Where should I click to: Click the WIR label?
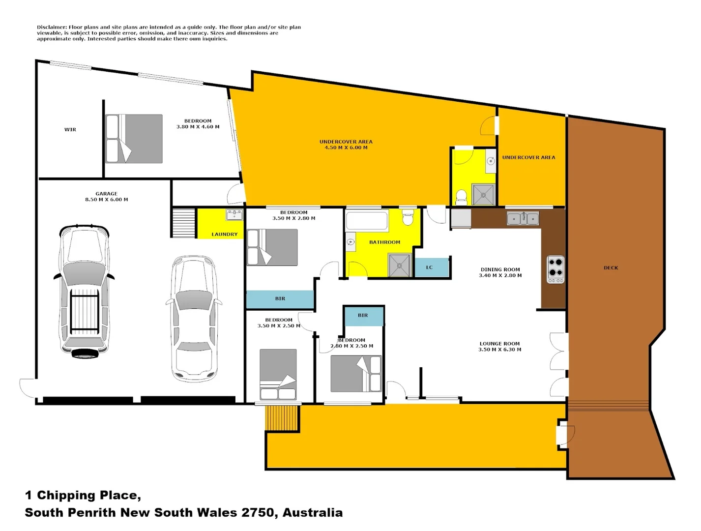70,130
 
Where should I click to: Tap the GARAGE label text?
106,194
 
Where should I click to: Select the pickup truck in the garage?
84,291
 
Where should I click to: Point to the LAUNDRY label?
225,235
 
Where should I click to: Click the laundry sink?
234,214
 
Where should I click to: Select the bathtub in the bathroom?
367,221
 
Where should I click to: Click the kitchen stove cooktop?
556,269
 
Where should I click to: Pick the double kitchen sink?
523,218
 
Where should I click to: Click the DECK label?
611,268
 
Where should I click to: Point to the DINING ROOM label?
500,269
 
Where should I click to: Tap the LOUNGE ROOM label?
499,344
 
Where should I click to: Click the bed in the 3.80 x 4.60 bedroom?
134,139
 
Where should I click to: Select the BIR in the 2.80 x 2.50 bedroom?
363,316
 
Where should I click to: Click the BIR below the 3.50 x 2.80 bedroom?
280,298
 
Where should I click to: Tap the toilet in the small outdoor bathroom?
461,197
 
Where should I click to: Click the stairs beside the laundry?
184,223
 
